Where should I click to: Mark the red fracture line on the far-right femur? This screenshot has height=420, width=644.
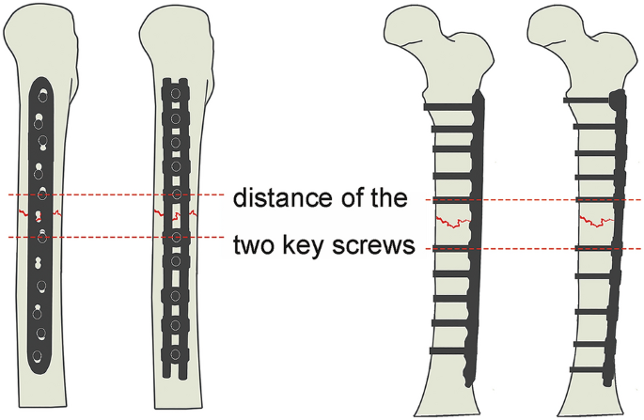594,224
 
